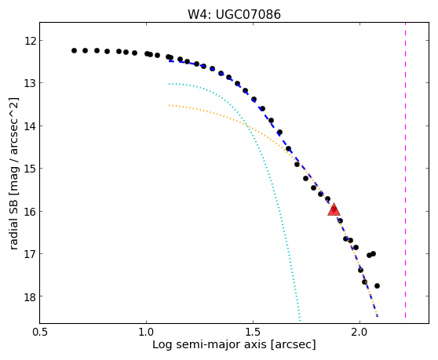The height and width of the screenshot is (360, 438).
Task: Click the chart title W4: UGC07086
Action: [234, 15]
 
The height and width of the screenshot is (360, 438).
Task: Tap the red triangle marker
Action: [334, 210]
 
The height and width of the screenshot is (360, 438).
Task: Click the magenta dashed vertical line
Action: [405, 170]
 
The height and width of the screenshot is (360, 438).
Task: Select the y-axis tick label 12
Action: [31, 41]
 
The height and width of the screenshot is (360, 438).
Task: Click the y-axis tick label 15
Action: [31, 169]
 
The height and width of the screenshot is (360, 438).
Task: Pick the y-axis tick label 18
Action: [31, 296]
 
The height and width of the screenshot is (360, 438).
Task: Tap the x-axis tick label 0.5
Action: [40, 333]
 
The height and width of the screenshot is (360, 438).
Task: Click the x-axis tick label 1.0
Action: [146, 333]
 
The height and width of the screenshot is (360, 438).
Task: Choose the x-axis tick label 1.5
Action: [253, 333]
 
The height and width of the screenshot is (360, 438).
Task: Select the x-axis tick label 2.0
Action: [360, 333]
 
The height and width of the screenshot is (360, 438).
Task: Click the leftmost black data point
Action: [74, 50]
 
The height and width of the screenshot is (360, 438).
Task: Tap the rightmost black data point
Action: [377, 285]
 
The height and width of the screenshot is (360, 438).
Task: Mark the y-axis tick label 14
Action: [31, 126]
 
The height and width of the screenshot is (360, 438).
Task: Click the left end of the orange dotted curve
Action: [169, 105]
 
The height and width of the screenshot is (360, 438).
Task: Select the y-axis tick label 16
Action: [31, 212]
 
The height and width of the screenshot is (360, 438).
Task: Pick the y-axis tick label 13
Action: [31, 83]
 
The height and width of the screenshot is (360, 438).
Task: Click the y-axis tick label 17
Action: [31, 254]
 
